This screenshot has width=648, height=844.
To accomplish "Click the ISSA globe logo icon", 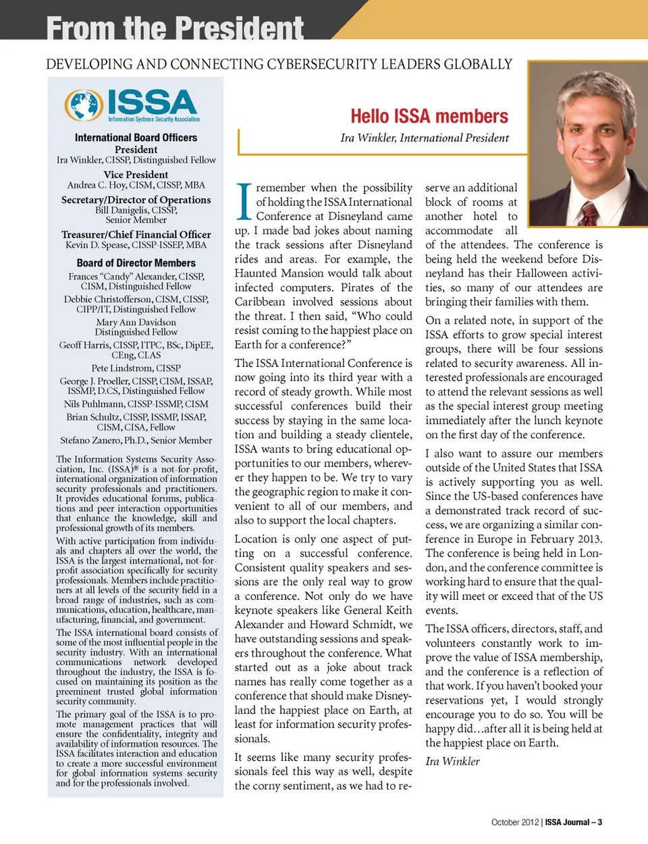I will pos(84,105).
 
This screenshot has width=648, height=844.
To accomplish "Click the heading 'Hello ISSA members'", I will pos(429,117).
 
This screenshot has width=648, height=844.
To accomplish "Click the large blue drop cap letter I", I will pos(244,201).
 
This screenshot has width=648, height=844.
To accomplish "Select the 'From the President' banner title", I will pos(175,28).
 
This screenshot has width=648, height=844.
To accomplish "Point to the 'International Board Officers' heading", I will pos(136,138).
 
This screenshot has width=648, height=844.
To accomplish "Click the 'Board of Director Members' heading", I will pos(136,263).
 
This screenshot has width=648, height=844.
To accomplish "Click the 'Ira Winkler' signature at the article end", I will pos(452,761).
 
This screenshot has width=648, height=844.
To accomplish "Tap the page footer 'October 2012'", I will pos(515,822).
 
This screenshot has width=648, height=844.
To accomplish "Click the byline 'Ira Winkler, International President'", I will pos(425,138).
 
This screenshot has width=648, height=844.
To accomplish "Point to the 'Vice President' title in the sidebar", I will pos(136,174).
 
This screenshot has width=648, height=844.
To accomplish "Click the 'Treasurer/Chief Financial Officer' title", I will pos(136,234).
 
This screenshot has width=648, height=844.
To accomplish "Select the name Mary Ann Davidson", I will pos(136,322).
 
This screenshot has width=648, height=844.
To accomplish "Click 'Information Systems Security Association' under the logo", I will pos(154,119).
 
